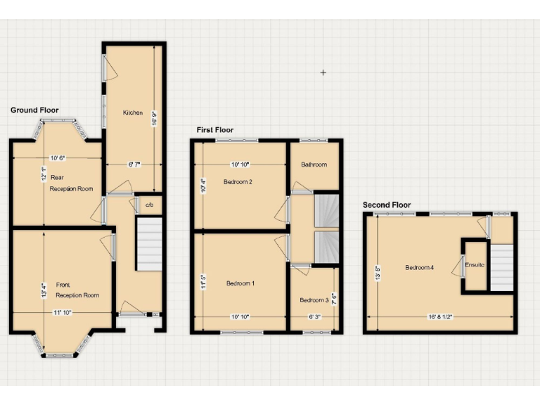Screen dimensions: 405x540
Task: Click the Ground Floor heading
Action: (x=34, y=110)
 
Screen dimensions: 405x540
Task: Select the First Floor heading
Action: (x=215, y=130)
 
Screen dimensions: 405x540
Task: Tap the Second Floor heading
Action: (x=387, y=205)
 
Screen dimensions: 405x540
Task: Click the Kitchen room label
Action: (x=133, y=112)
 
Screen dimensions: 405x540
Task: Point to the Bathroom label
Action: (x=314, y=165)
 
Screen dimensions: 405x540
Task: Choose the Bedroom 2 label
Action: (x=238, y=182)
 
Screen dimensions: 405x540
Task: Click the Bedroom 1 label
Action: (x=240, y=283)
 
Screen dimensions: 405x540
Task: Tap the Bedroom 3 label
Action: (x=314, y=300)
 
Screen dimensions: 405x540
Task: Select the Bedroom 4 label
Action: (x=420, y=267)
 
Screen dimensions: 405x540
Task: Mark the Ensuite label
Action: (x=475, y=264)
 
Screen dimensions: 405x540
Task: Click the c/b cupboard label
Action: (x=149, y=205)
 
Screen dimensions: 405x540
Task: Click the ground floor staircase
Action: (x=148, y=243)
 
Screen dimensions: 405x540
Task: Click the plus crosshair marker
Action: (x=323, y=72)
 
